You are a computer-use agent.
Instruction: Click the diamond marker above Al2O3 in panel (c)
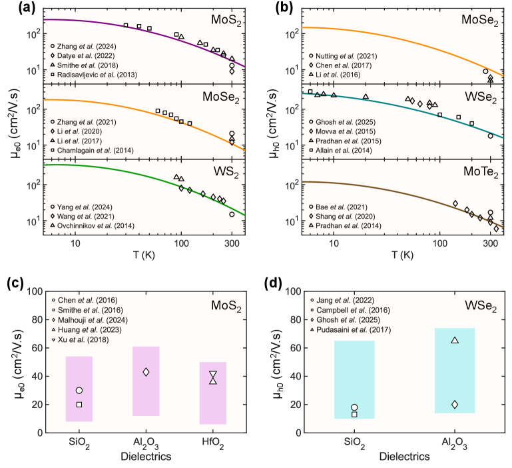146,371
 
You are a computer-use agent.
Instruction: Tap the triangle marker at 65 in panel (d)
455,340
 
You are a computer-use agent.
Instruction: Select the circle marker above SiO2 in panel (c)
79,390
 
